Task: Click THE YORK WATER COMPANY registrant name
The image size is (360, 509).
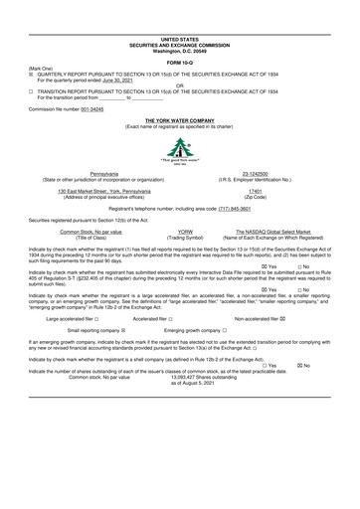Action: click(x=179, y=119)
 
